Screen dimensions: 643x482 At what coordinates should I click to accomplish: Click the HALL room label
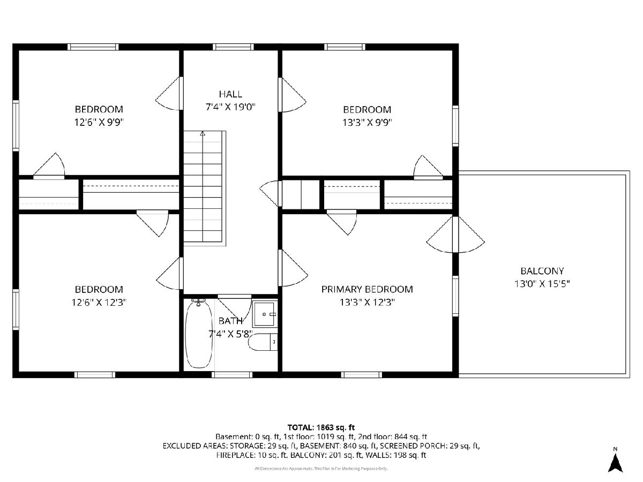coord(230,94)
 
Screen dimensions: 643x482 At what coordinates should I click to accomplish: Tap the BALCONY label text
coord(542,271)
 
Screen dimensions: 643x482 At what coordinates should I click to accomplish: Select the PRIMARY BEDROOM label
coord(367,289)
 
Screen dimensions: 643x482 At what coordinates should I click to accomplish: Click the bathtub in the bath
coord(199,334)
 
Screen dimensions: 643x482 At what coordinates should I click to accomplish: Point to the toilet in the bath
coord(263,342)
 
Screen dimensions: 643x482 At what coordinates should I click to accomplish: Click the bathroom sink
coord(265,314)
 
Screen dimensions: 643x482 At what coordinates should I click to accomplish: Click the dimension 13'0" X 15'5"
coord(542,284)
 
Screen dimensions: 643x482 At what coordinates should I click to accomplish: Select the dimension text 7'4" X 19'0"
coord(230,108)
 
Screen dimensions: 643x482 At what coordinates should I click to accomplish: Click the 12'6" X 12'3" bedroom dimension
coord(99,302)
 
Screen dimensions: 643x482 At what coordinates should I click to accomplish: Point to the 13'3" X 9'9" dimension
coord(367,123)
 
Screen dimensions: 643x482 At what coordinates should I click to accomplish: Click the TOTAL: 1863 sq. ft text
coord(321,427)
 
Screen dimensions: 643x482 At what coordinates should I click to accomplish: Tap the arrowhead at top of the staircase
coord(203,133)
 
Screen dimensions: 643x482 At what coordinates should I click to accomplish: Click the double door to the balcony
coord(455,235)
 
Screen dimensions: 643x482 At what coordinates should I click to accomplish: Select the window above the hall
coord(233,47)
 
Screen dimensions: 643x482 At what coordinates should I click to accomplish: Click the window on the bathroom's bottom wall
coord(232,375)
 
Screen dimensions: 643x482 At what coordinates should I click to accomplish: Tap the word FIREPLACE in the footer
coord(236,455)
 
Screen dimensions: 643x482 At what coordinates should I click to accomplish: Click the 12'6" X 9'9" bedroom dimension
coord(99,122)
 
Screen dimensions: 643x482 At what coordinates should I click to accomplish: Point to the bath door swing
coord(235,307)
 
